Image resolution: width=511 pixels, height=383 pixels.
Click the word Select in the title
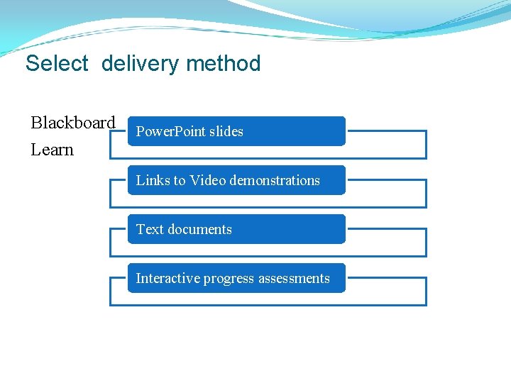click(x=57, y=64)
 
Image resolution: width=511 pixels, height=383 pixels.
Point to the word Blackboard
click(x=72, y=123)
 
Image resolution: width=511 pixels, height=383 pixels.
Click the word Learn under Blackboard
click(x=52, y=150)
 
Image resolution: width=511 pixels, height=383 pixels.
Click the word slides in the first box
click(x=226, y=131)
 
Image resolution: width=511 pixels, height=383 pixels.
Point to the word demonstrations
click(x=274, y=180)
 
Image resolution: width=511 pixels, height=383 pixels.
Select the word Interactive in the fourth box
click(x=167, y=278)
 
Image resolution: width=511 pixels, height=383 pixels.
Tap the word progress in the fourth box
click(x=228, y=279)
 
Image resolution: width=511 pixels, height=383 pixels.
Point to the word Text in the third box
click(x=149, y=229)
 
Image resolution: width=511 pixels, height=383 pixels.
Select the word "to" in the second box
click(x=177, y=180)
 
